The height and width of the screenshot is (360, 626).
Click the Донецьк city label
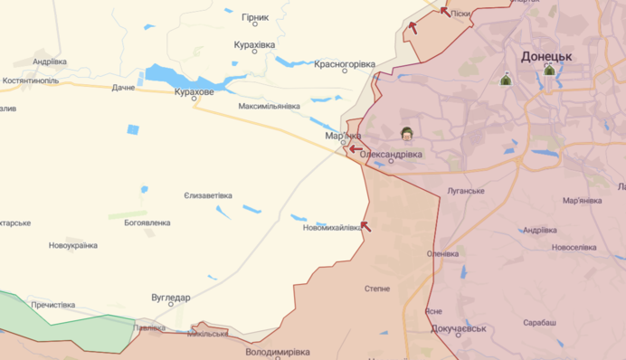click(x=546, y=56)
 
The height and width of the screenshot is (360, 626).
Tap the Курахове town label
click(x=194, y=92)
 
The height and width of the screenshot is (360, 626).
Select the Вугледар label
click(x=170, y=298)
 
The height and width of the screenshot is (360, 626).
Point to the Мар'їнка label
click(x=343, y=136)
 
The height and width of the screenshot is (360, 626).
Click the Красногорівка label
click(x=344, y=64)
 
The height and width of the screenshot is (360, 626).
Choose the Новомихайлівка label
click(x=332, y=228)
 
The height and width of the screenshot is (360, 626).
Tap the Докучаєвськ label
click(x=459, y=328)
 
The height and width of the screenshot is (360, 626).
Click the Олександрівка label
click(x=391, y=155)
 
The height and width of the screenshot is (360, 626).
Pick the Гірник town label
click(x=255, y=17)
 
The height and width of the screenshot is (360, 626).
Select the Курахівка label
click(x=254, y=44)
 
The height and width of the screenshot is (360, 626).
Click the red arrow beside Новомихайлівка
click(x=365, y=225)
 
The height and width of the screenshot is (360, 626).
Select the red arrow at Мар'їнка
click(x=356, y=149)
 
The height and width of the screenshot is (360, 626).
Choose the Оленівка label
click(x=443, y=254)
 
